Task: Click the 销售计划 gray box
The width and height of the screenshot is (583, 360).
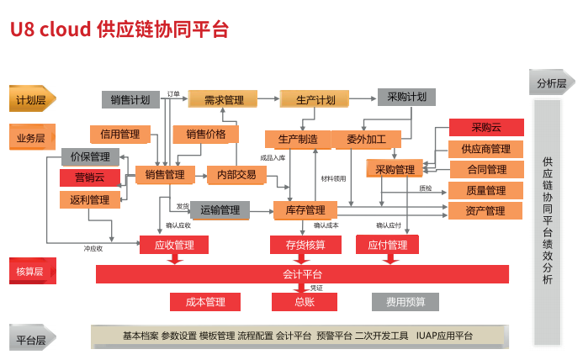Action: pos(130,99)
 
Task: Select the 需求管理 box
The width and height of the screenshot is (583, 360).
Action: pos(223,99)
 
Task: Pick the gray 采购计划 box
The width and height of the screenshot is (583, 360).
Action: pos(406,97)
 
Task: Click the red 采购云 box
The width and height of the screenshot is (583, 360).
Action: pos(485,127)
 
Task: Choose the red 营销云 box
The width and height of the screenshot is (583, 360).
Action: pos(90,177)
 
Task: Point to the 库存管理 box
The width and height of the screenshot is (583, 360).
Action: pos(305,209)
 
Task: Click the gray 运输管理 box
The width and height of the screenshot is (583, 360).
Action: pos(220,209)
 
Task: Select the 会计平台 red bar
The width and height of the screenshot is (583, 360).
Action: pos(302,274)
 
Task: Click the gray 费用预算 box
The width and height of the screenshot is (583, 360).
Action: pos(405,302)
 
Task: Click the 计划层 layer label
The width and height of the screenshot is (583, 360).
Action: pos(31,99)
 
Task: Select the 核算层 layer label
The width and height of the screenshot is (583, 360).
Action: pos(31,271)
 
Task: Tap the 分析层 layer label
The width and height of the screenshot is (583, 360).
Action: pos(551,82)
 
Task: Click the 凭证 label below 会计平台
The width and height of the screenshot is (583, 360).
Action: pos(316,288)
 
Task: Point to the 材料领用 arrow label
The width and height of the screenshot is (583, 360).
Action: pos(333,178)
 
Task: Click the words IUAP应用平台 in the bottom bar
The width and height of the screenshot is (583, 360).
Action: pos(444,336)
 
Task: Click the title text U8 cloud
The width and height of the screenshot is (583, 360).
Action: pos(50,29)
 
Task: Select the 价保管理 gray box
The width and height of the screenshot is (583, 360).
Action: pos(90,156)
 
